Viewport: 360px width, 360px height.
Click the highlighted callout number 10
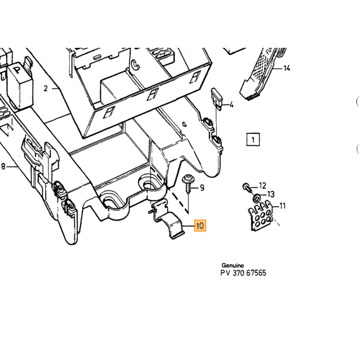point(200,225)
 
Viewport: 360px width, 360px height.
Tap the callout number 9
point(202,188)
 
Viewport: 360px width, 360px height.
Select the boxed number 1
point(253,139)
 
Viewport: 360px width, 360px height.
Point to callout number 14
point(286,68)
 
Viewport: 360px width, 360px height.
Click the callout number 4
point(231,105)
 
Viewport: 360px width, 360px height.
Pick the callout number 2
point(46,88)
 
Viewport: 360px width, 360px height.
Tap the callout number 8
point(3,166)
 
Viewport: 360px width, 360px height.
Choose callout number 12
point(262,186)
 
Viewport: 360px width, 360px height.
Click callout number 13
point(271,194)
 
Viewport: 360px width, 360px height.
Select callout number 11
point(282,206)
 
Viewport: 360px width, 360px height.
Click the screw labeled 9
point(188,184)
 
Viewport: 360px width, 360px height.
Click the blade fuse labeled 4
point(217,99)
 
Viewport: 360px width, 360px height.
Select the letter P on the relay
point(17,70)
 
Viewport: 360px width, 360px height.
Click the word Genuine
point(232,265)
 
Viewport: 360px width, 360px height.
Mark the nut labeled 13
point(257,197)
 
